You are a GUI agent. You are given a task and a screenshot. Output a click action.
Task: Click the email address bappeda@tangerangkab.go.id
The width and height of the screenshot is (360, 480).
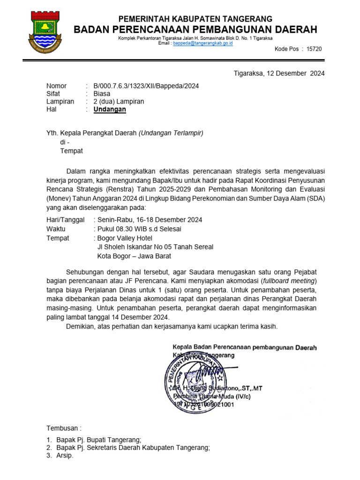tap(203, 43)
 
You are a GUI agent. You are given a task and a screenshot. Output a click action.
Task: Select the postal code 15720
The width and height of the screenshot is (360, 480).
tap(314, 49)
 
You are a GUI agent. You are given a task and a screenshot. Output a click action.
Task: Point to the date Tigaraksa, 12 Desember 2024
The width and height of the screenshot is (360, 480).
tap(279, 73)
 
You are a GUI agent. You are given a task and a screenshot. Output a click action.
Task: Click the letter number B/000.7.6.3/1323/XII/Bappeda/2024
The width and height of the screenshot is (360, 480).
tap(146, 86)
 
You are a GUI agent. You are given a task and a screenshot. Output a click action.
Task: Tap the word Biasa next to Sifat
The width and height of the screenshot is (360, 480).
tap(102, 94)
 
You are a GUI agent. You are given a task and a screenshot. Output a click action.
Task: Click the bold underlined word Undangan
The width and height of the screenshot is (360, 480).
tap(110, 110)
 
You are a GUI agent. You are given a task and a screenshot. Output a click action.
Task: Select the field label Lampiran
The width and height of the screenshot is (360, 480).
tap(60, 102)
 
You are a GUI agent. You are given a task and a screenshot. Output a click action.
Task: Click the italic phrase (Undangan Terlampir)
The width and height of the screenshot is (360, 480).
tap(171, 133)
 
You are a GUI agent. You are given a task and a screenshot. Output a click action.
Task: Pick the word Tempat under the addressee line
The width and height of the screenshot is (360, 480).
tap(71, 151)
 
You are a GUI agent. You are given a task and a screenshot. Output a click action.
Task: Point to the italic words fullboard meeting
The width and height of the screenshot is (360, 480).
tap(289, 281)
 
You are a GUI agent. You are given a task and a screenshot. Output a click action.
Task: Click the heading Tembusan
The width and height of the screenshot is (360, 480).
tap(64, 428)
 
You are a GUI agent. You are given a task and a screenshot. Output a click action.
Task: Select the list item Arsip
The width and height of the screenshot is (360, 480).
tap(65, 456)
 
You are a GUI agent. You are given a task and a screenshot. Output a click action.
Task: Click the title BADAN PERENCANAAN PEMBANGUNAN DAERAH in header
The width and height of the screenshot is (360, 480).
tap(195, 30)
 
